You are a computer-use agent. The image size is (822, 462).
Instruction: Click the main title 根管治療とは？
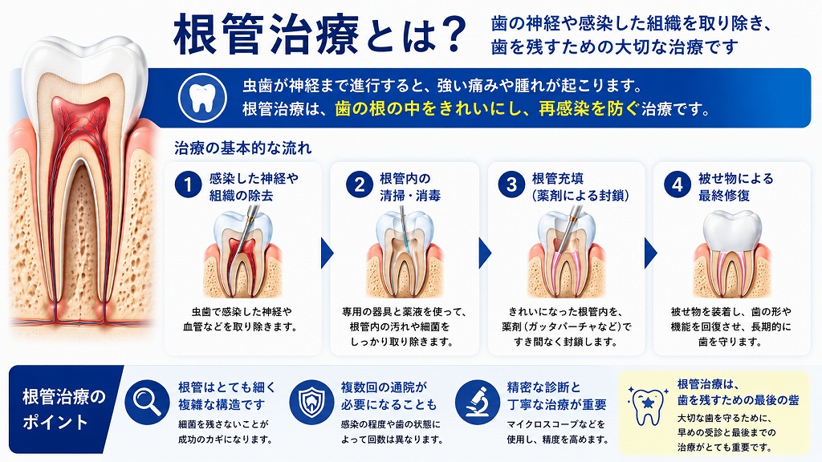[319, 35]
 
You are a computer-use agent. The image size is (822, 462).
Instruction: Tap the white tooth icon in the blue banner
[202, 98]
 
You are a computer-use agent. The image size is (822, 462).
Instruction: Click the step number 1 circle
[188, 184]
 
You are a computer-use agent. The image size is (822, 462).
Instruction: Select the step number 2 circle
[360, 184]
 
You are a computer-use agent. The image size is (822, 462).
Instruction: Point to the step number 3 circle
[511, 184]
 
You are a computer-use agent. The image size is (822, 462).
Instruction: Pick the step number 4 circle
[678, 184]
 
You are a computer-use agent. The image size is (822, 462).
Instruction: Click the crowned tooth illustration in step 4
[732, 253]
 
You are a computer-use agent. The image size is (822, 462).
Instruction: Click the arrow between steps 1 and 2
[327, 253]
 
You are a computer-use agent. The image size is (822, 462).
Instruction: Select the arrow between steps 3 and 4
[650, 253]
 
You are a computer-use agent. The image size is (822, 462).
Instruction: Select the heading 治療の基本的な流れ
[242, 148]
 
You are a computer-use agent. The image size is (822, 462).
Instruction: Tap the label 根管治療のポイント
[64, 409]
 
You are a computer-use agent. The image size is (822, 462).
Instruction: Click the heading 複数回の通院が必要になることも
[389, 396]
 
